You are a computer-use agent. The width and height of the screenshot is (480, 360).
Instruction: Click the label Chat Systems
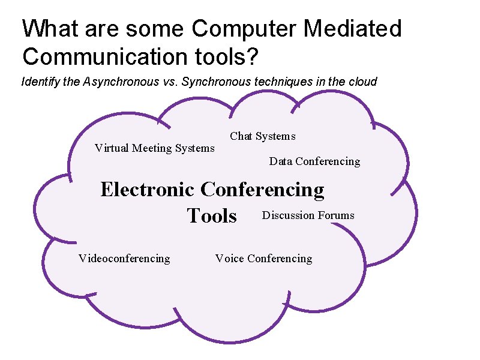[x=262, y=136]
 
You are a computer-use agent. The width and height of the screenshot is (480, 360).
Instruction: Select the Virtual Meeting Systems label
[x=154, y=148]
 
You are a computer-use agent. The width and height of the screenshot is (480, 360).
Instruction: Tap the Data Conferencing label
[x=314, y=161]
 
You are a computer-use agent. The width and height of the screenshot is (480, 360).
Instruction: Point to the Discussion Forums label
[x=308, y=215]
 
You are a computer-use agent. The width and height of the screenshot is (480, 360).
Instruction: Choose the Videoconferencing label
[x=124, y=259]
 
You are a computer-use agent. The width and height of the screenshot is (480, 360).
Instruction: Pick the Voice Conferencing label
[x=263, y=259]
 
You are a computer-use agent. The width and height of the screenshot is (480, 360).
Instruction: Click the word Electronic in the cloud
[x=147, y=190]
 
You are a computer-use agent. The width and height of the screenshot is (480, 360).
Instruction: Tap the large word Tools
[x=212, y=215]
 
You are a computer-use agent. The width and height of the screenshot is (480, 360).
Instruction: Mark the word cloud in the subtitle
[x=362, y=82]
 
